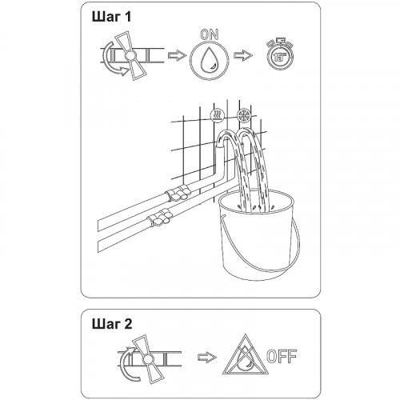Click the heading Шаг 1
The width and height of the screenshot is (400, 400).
[112, 17]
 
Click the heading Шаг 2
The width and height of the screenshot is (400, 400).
[112, 324]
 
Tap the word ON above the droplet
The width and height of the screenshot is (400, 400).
[210, 34]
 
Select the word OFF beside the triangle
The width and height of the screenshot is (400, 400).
[282, 356]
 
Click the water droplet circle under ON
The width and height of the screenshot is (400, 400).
[210, 60]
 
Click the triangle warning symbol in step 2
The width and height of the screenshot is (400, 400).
[246, 354]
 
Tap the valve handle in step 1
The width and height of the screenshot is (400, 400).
[130, 56]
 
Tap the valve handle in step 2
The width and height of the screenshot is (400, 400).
[146, 359]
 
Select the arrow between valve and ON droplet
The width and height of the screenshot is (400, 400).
[177, 55]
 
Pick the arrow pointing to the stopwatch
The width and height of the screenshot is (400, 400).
[243, 55]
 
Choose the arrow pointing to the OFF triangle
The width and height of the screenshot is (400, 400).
[207, 357]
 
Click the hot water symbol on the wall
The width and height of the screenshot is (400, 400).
[218, 115]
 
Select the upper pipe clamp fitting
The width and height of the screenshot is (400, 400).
[178, 194]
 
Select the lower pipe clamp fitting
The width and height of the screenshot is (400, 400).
[159, 218]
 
